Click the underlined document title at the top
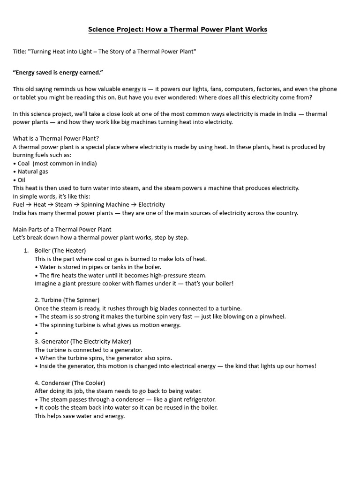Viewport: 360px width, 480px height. (178, 30)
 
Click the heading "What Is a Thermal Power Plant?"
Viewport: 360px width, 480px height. (56, 138)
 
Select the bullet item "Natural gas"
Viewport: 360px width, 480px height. (33, 172)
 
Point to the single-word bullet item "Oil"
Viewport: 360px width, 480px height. (21, 180)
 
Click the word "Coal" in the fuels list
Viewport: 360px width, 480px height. (23, 164)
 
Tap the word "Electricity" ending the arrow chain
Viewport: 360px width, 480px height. (151, 204)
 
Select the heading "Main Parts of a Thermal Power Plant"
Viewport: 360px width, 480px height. (62, 229)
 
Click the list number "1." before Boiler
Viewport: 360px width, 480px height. (27, 250)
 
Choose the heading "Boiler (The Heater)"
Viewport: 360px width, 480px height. (60, 250)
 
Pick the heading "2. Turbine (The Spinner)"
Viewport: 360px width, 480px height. (67, 300)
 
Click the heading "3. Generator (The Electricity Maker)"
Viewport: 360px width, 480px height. (83, 341)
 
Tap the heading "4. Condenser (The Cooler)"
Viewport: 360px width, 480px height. (70, 382)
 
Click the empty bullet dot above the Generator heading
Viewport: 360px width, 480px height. (36, 333)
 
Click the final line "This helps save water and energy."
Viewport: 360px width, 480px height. (80, 416)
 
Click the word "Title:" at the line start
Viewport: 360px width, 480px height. (20, 51)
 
